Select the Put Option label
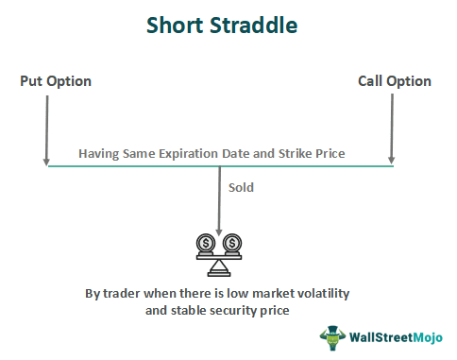coord(56,81)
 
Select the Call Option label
coord(395,81)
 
